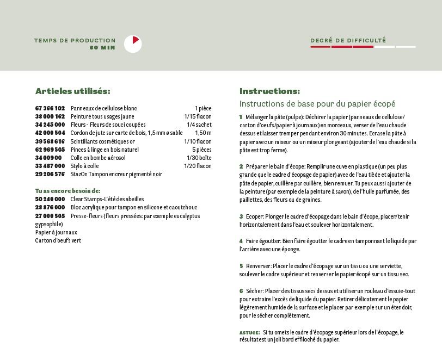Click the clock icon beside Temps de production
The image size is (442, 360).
point(133,44)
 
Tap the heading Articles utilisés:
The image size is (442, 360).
point(73,91)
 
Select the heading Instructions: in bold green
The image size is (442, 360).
point(269,91)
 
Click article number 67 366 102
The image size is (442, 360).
point(50,108)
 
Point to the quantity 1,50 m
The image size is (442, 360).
point(203,133)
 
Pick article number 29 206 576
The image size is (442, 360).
point(50,174)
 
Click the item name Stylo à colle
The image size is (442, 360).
point(84,166)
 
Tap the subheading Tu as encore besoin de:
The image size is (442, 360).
point(67,191)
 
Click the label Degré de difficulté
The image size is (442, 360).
point(348,40)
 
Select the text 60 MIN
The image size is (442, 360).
point(103,47)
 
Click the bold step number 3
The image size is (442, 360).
point(241,216)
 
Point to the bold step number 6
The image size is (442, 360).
point(241,291)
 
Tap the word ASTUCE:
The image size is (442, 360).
point(249,332)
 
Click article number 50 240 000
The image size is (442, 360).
point(50,199)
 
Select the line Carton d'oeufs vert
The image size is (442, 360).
point(58,240)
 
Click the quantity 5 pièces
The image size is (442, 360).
point(201,150)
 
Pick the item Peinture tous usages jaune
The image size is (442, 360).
point(102,116)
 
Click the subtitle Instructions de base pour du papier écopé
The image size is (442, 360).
point(317,103)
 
